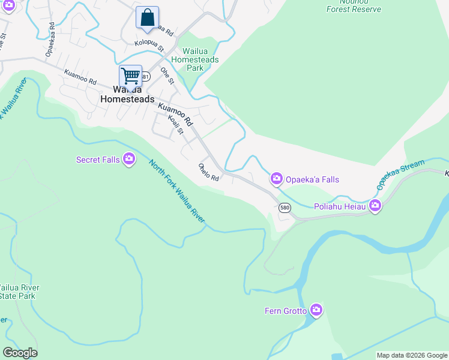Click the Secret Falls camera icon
tap(128, 159)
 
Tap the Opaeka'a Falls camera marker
tap(276, 178)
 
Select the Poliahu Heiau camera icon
tap(375, 206)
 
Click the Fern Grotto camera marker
tap(316, 310)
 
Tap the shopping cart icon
tap(130, 77)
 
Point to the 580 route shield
tap(285, 208)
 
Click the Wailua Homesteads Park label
tap(194, 60)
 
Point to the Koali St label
tap(175, 125)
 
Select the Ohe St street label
tap(167, 76)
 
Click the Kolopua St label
tap(149, 43)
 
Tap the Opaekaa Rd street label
tap(51, 40)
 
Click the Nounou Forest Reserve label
tap(354, 7)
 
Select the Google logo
tap(20, 353)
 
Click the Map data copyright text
tap(412, 355)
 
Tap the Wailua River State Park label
tap(18, 292)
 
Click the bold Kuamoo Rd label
tap(175, 113)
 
